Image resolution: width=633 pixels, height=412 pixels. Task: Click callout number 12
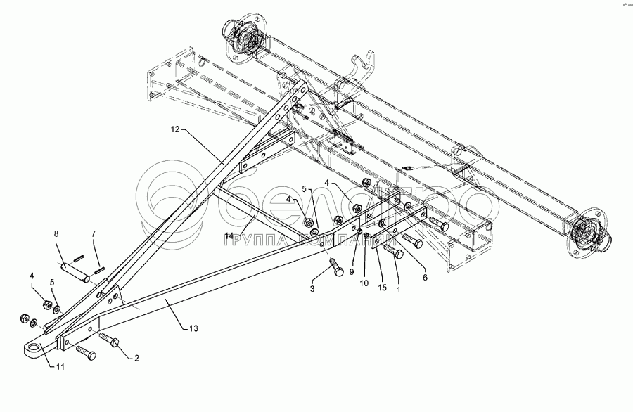point(174,129)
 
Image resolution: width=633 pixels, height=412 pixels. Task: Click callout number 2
point(136,359)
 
